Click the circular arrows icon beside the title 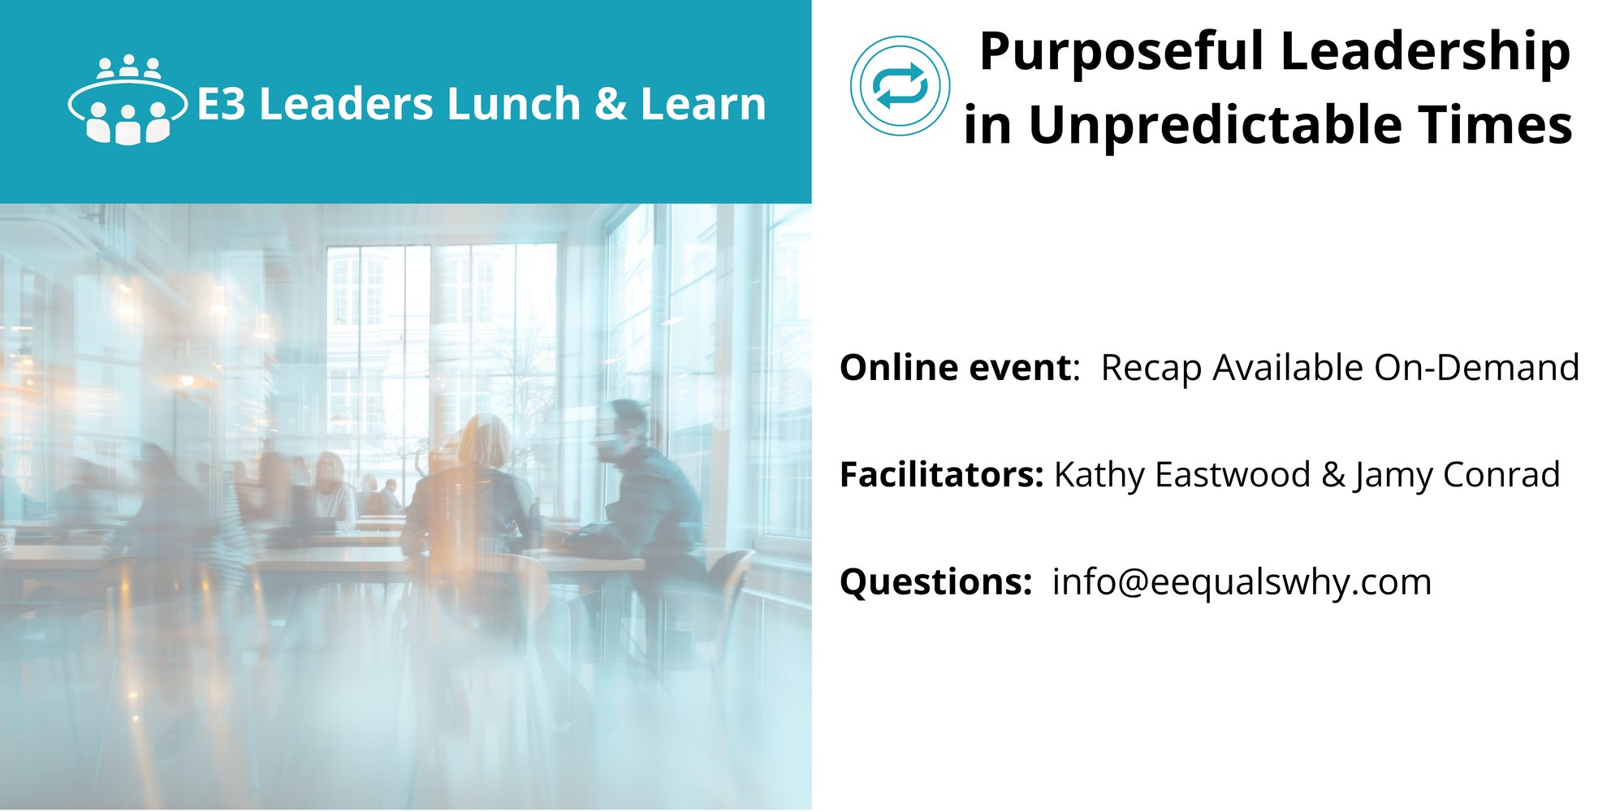[x=901, y=85]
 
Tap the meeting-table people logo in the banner [x=127, y=100]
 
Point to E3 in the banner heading [x=221, y=105]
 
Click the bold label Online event [x=956, y=368]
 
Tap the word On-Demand [x=1477, y=368]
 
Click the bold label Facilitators [x=941, y=475]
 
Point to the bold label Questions [x=935, y=582]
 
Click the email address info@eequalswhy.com [x=1242, y=583]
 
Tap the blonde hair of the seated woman [x=485, y=443]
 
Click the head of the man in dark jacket [x=622, y=429]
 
